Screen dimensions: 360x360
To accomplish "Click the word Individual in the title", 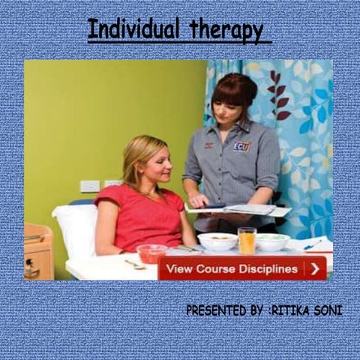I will tap(134, 30).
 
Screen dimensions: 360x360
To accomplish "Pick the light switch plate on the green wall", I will tap(90, 186).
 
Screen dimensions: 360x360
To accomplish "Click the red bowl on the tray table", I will tap(152, 253).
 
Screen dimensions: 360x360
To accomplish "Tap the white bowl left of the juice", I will tap(217, 241).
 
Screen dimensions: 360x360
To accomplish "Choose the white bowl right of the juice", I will tap(272, 241).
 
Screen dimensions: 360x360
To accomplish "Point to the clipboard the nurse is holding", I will tap(240, 211).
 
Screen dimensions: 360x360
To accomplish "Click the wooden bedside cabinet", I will tap(37, 251).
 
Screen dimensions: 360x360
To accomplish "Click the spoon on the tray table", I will tap(135, 264).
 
